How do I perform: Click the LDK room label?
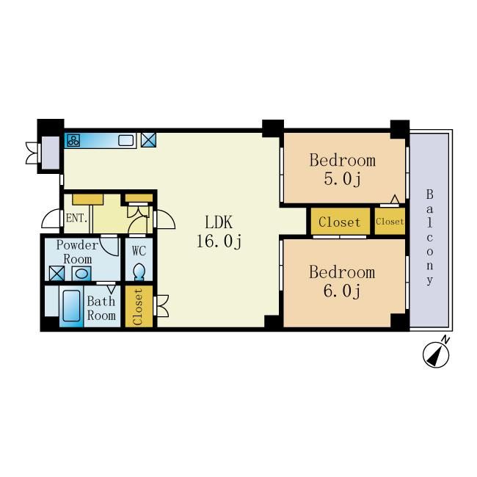pos(219,222)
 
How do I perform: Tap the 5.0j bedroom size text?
pos(342,179)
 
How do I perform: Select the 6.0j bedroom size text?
pos(342,291)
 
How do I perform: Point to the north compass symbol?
pos(436,354)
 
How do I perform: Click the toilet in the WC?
pos(139,272)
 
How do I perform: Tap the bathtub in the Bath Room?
pos(71,305)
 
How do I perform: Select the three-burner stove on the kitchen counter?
pos(73,141)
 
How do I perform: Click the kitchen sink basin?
pos(126,141)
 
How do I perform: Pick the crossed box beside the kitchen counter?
pos(148,140)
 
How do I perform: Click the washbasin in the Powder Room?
pos(81,274)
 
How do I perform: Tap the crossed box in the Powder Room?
pos(57,273)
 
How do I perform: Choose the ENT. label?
pos(76,218)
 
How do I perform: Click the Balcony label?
pos(429,237)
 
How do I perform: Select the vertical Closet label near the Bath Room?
pos(138,307)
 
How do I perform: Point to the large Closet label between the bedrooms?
pos(340,222)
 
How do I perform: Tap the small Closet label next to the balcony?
pos(390,222)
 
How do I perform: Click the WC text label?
pos(139,251)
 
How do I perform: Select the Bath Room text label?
pos(101,308)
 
